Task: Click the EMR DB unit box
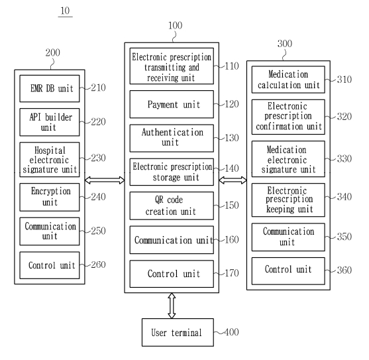(x=50, y=89)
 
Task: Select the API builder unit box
(x=50, y=122)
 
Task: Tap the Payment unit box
(x=172, y=104)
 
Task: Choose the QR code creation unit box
(x=172, y=206)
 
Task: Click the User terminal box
(x=178, y=332)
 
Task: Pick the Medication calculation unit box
(x=288, y=80)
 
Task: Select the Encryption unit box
(x=50, y=197)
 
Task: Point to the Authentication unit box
(x=172, y=138)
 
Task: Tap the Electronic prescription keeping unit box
(x=288, y=200)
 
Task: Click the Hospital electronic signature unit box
(x=50, y=159)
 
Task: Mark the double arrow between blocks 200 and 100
(x=105, y=180)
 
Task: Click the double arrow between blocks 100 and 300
(x=233, y=180)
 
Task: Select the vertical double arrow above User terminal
(x=172, y=306)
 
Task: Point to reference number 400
(x=232, y=332)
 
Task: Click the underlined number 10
(x=65, y=11)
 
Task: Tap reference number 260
(x=98, y=265)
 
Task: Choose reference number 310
(x=344, y=80)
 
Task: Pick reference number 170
(x=232, y=273)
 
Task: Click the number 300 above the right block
(x=285, y=44)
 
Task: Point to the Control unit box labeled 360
(x=288, y=271)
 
